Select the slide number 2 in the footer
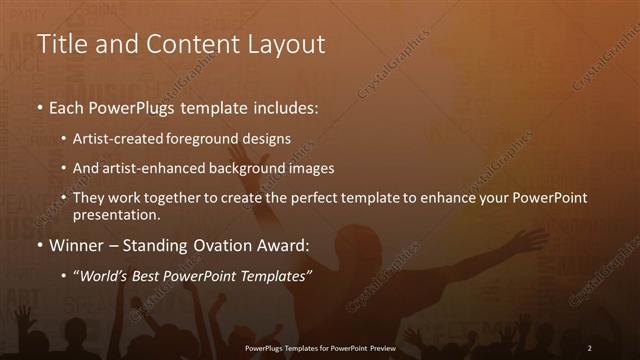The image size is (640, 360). [589, 347]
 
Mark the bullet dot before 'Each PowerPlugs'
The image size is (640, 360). [39, 106]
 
